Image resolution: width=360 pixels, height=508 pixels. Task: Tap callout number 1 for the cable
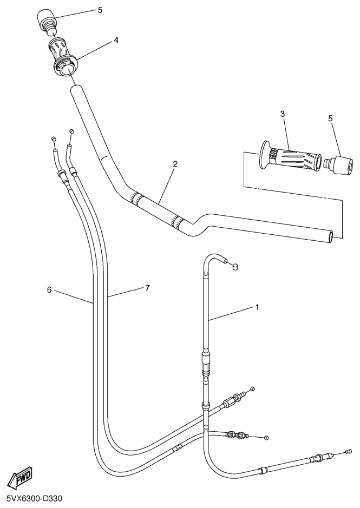click(258, 307)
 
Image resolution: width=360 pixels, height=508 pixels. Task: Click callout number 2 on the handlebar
click(175, 164)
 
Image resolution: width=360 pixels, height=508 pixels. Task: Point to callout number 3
click(283, 114)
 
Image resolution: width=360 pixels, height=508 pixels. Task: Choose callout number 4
click(116, 40)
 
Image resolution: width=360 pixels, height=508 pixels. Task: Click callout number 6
click(49, 290)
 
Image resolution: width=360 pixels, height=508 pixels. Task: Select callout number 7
click(148, 288)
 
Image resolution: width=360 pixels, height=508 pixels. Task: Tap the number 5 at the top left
click(100, 10)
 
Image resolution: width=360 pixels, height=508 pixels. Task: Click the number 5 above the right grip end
click(330, 118)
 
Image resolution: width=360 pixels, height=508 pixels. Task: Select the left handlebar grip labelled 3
click(290, 156)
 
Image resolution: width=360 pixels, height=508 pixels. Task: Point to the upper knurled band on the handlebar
click(136, 199)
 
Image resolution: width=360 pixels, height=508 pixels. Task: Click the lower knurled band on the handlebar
click(176, 220)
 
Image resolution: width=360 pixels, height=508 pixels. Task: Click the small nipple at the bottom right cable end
click(349, 451)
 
